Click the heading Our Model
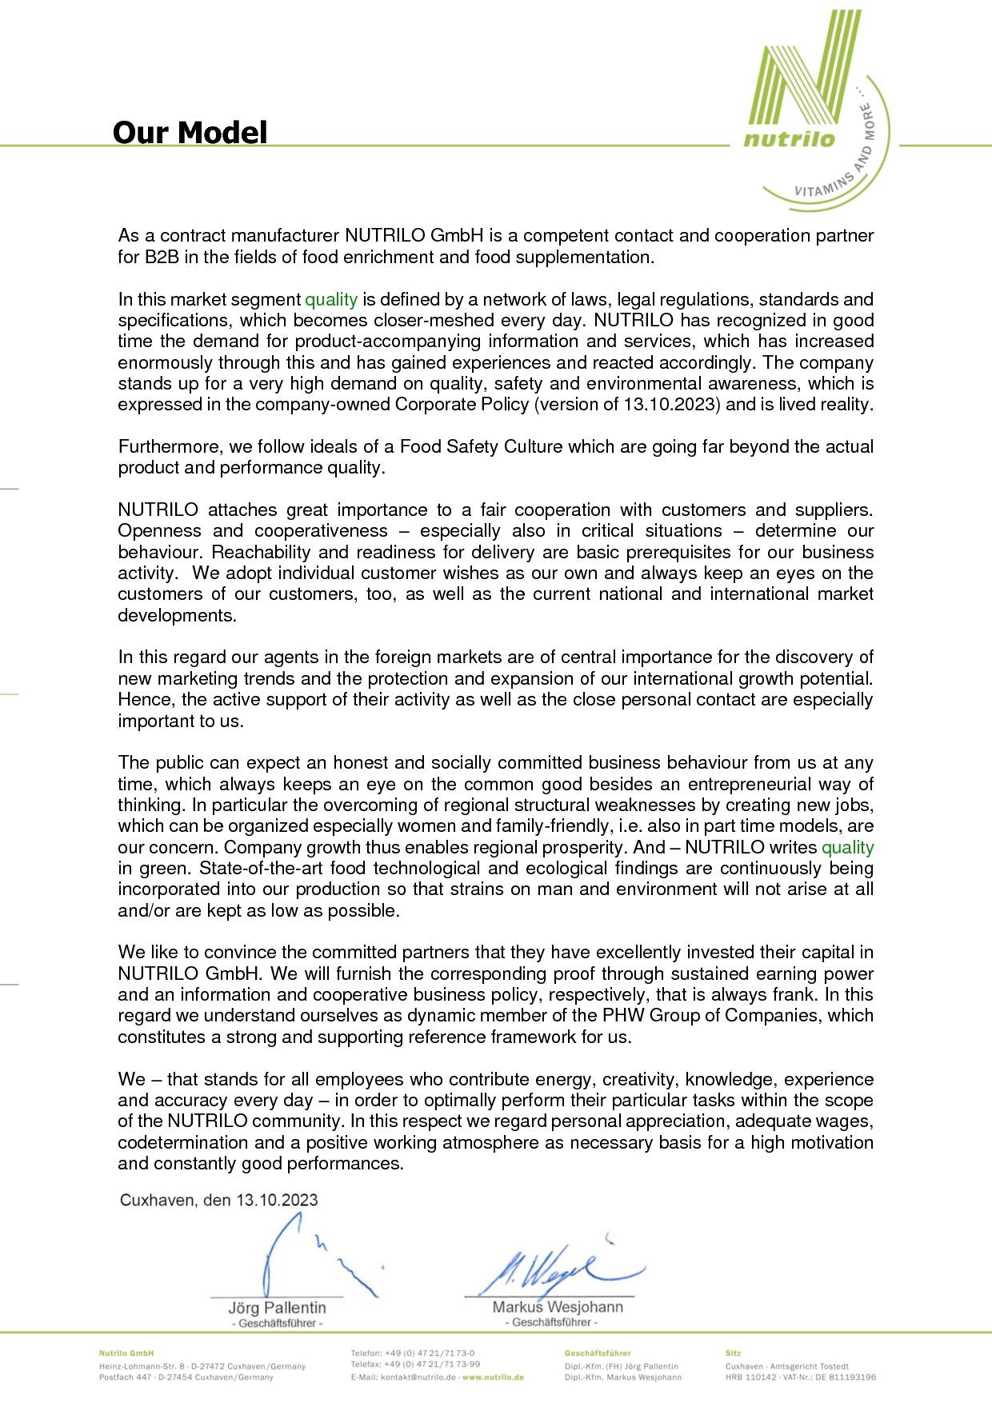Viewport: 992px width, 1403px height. tap(190, 133)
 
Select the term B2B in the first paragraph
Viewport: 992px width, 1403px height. tap(162, 258)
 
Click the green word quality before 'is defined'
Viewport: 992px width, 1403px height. tap(331, 300)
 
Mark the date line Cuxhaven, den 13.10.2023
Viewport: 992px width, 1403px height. tap(218, 1201)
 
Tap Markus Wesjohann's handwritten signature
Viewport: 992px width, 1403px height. tap(552, 1268)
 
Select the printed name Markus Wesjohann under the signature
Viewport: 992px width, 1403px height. tap(558, 1307)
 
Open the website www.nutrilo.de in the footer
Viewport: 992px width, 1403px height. tap(493, 1377)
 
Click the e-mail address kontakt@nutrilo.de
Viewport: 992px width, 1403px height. tap(418, 1377)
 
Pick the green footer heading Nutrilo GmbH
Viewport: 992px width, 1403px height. tap(126, 1353)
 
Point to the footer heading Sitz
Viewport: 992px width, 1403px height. tap(733, 1353)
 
